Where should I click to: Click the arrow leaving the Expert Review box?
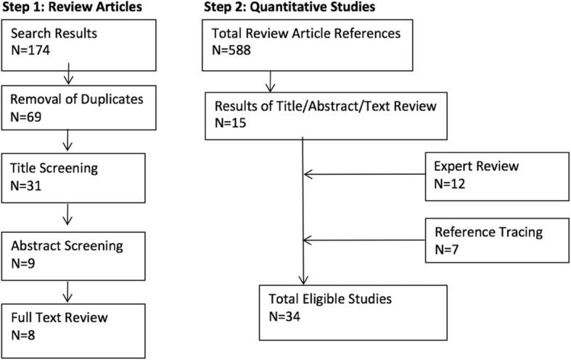point(363,174)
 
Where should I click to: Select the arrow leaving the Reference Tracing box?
point(363,240)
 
